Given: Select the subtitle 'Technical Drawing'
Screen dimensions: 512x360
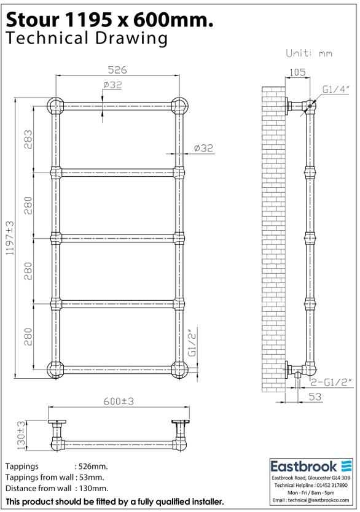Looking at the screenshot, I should coord(86,39).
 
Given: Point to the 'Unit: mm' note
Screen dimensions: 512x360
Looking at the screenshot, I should coord(309,53).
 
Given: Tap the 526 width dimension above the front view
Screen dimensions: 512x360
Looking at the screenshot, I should coord(117,71).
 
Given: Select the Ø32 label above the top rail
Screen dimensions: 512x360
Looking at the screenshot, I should coord(113,85).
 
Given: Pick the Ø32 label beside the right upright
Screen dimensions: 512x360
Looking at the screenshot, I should coord(203,147).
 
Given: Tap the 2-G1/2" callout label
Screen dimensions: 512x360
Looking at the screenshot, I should coord(332,382).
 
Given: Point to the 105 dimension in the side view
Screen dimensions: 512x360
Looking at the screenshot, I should coord(297,72).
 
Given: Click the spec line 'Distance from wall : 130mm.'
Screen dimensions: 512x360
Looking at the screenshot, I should coord(57,488).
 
